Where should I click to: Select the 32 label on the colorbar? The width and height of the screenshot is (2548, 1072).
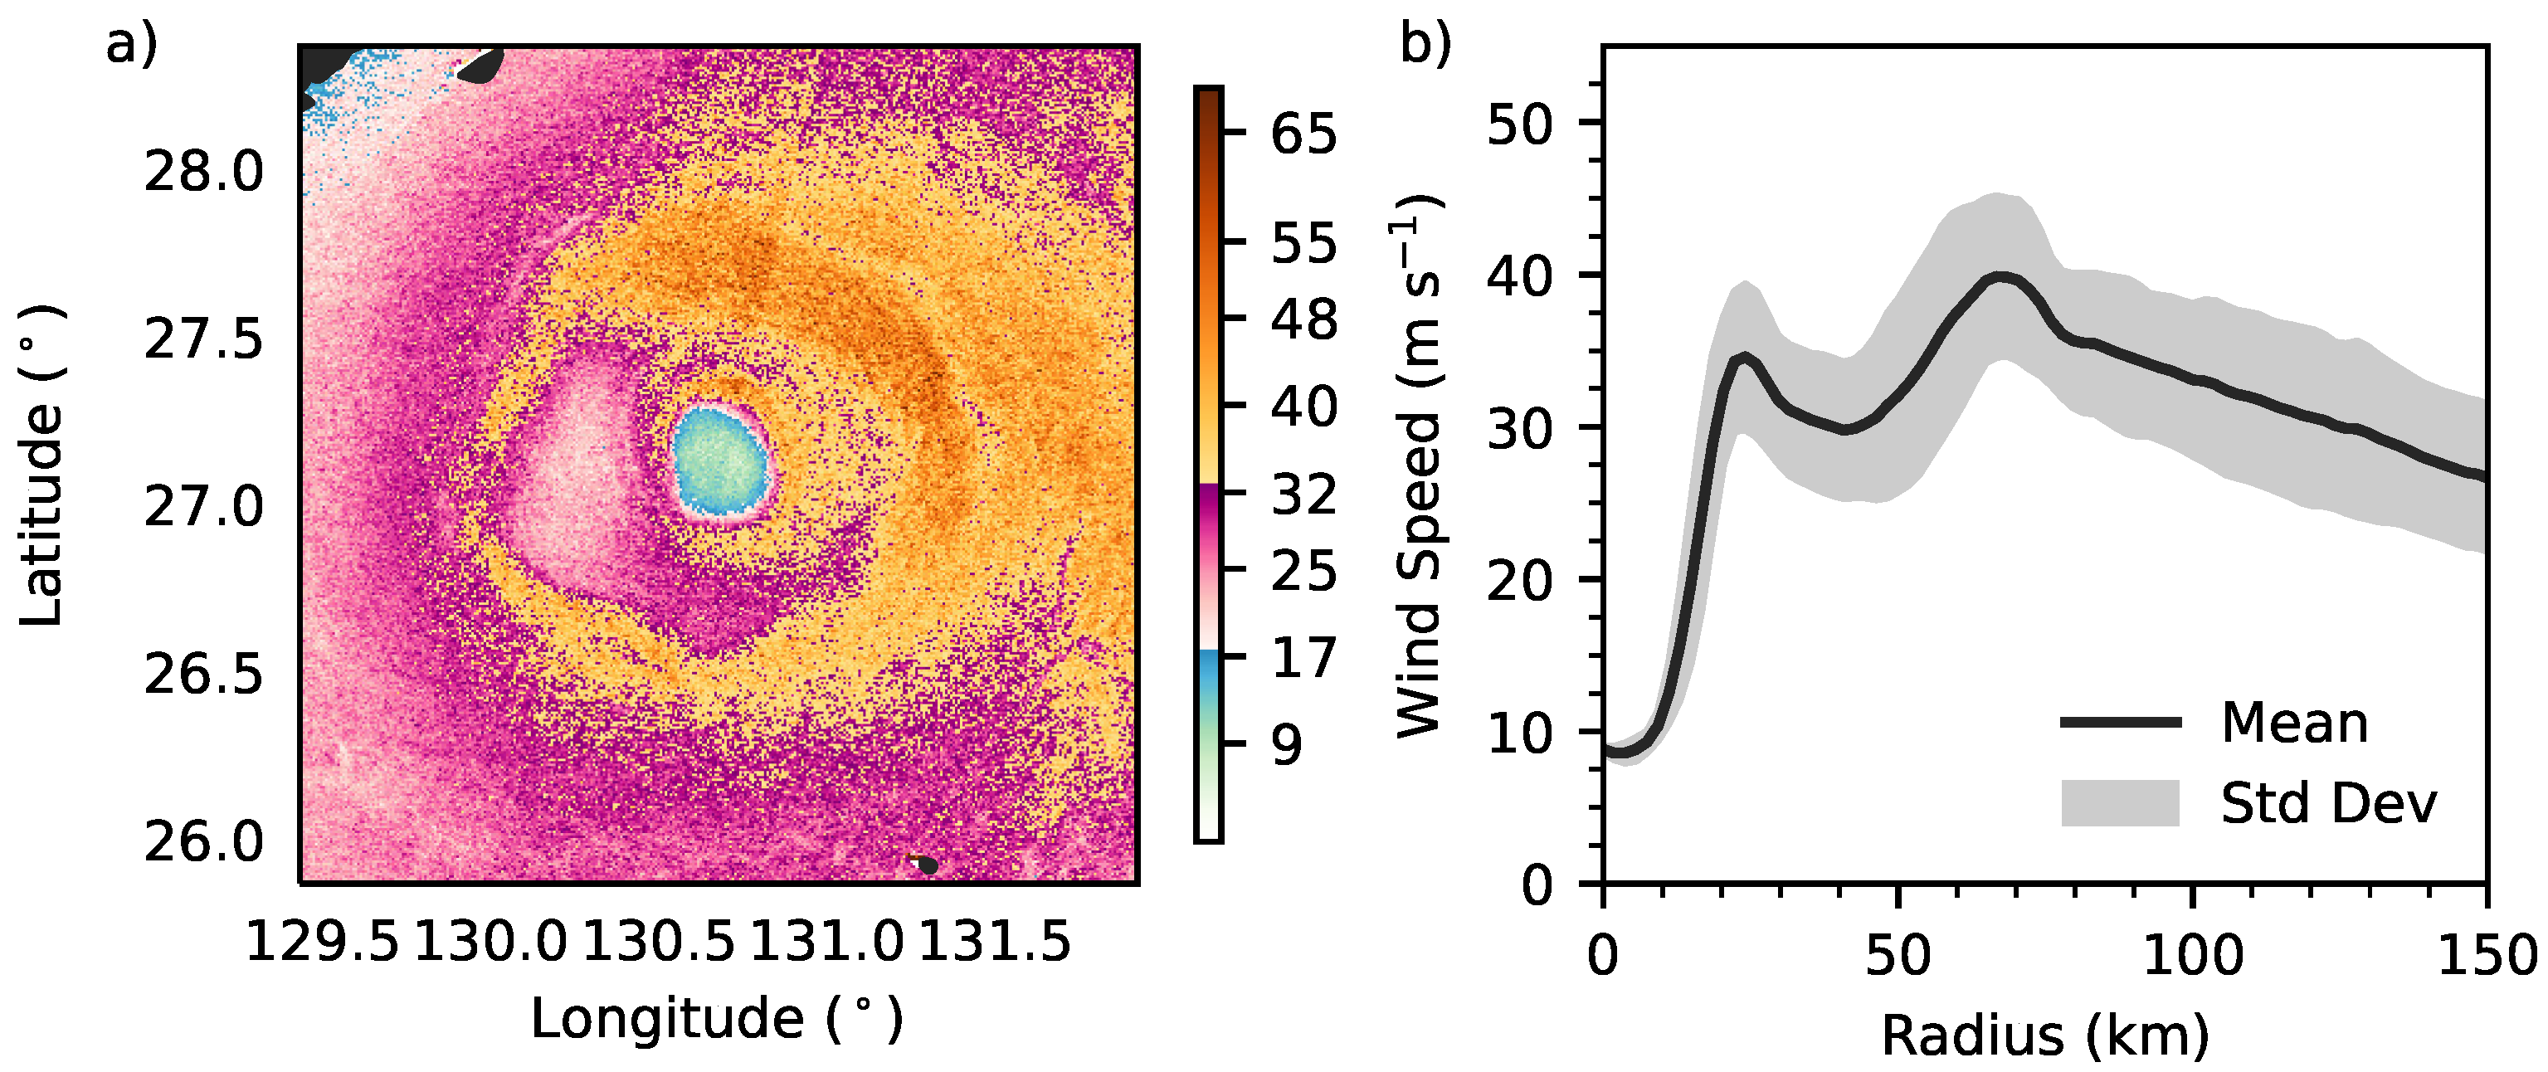click(1303, 494)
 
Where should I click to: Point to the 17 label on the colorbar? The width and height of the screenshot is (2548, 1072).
click(1303, 658)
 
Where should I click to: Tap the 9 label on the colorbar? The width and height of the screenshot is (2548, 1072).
click(1286, 744)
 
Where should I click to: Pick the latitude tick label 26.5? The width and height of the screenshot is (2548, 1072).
click(204, 675)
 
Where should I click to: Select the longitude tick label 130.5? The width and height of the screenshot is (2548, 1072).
click(658, 942)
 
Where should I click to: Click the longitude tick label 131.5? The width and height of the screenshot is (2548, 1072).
click(995, 942)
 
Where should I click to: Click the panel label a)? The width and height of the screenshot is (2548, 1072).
click(132, 45)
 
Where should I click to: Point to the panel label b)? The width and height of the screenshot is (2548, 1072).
click(1425, 45)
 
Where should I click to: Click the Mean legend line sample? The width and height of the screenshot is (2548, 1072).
click(2121, 722)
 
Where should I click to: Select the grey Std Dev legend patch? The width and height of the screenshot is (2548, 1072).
click(2121, 802)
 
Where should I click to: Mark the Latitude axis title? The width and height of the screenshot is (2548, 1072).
click(41, 465)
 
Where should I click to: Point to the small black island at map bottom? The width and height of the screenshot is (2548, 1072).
click(927, 865)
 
